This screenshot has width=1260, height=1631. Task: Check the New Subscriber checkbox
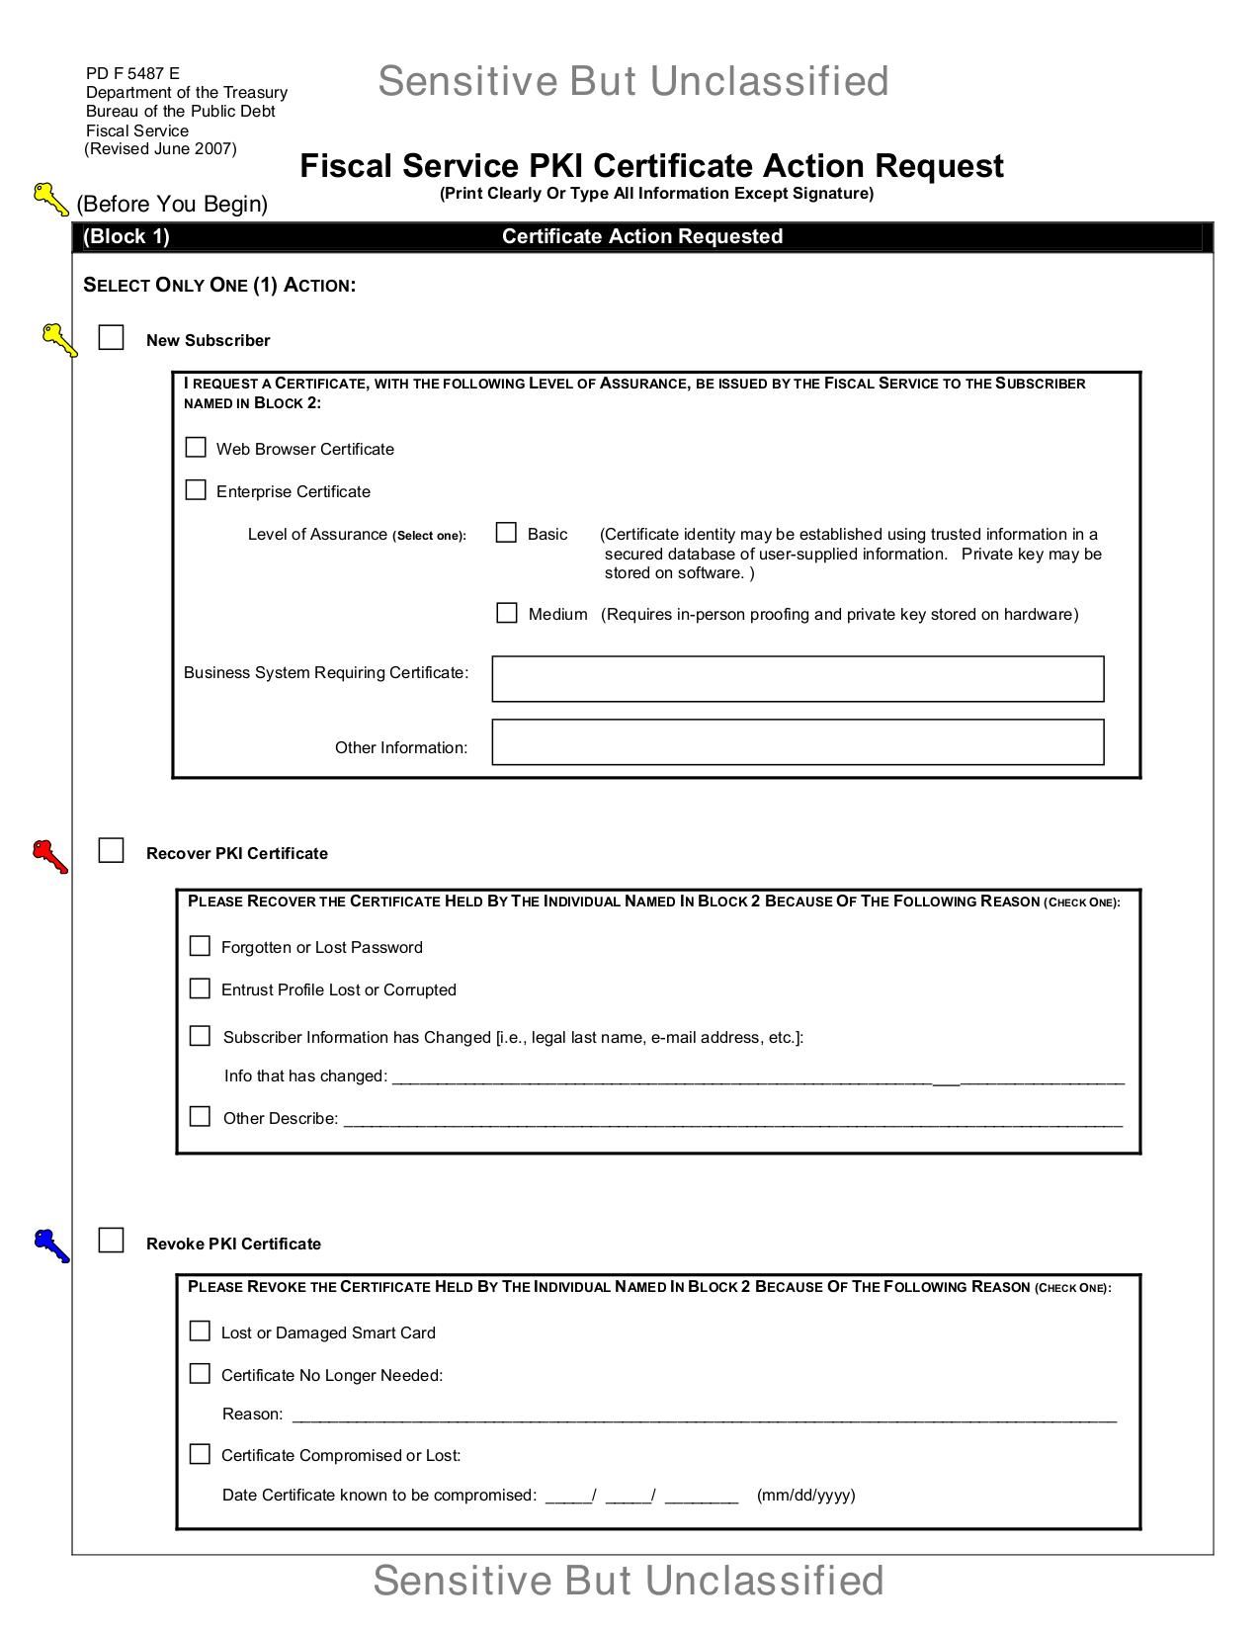click(x=111, y=338)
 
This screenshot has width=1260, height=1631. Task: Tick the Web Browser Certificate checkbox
click(x=196, y=448)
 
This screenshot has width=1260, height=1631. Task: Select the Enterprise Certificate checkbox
click(x=196, y=490)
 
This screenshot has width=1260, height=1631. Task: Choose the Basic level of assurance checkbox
click(x=506, y=533)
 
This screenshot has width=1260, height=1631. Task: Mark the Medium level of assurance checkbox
click(x=506, y=613)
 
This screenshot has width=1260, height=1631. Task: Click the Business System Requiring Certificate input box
click(x=798, y=679)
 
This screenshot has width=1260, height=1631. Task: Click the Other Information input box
click(x=798, y=742)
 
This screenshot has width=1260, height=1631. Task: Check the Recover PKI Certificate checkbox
click(x=111, y=851)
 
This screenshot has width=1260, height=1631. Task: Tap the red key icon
click(x=49, y=856)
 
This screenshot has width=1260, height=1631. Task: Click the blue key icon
click(x=50, y=1245)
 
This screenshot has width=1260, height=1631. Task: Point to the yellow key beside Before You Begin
click(x=50, y=199)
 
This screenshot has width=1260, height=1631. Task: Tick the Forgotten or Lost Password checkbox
click(x=200, y=946)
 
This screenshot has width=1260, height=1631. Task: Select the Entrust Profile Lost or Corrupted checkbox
click(x=200, y=988)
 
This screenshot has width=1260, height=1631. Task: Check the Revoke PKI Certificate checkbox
click(x=111, y=1241)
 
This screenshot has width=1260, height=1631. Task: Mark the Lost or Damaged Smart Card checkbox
click(x=200, y=1331)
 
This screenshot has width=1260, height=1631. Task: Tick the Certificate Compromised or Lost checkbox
click(x=200, y=1454)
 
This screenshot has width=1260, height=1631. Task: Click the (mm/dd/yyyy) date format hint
click(x=805, y=1495)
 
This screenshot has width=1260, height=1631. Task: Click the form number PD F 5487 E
click(x=132, y=73)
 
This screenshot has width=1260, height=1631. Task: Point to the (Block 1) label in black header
click(x=126, y=236)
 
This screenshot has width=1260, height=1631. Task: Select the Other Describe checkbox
click(x=200, y=1117)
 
